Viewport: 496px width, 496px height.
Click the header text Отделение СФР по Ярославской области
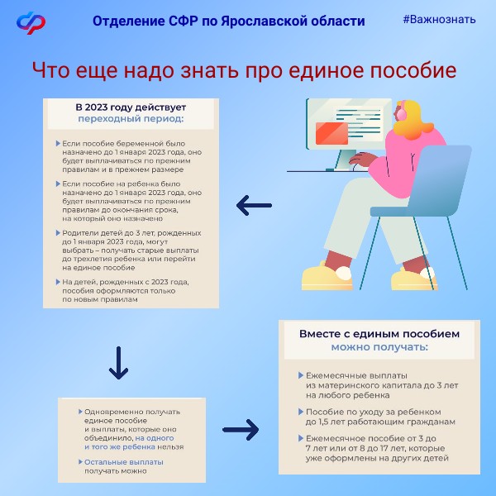tap(227, 20)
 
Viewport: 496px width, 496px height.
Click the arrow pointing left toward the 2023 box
tap(254, 203)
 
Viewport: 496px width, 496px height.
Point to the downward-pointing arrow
tap(120, 359)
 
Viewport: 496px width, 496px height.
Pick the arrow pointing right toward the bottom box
tap(241, 430)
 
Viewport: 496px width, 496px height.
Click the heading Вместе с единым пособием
tap(379, 335)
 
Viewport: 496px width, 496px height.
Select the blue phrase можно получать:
tap(379, 347)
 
